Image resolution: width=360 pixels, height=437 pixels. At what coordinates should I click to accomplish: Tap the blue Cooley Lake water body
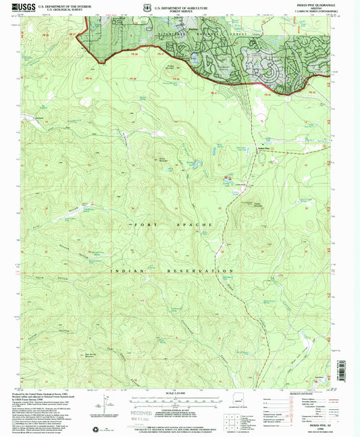click(x=226, y=178)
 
